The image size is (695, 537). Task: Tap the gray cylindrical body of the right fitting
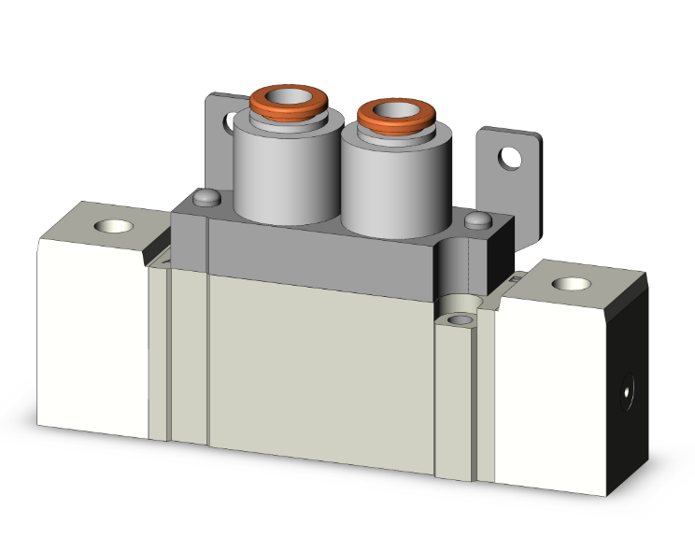(x=383, y=182)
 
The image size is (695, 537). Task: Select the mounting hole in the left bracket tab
(x=227, y=120)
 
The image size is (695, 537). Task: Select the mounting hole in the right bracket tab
(x=509, y=158)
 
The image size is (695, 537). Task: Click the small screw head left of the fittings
(x=206, y=198)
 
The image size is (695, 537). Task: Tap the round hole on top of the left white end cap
(x=114, y=227)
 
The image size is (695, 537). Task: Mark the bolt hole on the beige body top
(x=459, y=320)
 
